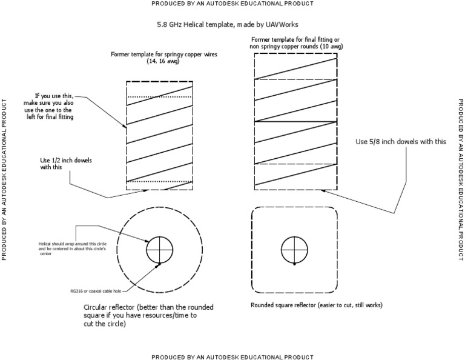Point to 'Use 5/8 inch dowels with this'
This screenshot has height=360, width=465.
(400, 141)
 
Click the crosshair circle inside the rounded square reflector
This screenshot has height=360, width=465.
(294, 249)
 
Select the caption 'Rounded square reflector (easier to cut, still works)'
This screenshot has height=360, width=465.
(316, 304)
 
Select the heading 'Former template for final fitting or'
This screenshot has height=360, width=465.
(294, 39)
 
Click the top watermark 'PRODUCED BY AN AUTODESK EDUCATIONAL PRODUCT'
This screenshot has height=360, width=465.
(232, 4)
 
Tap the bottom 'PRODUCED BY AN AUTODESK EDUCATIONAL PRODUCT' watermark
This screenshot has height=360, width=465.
(232, 356)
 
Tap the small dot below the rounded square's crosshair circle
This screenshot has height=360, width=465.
(294, 265)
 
